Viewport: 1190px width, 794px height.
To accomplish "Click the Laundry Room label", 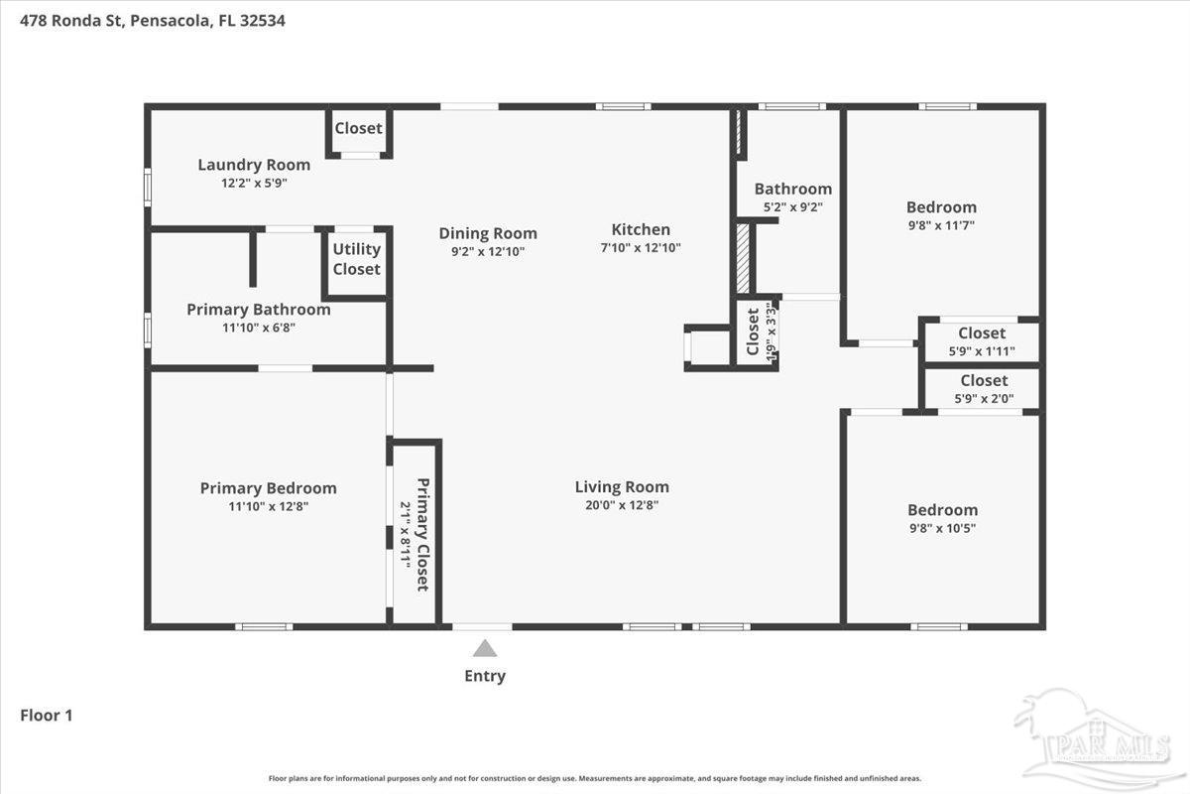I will (254, 165).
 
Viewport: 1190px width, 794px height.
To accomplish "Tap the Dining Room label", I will (488, 233).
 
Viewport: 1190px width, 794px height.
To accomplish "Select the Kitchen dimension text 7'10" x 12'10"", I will (641, 248).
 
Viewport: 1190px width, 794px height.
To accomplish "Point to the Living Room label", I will (622, 486).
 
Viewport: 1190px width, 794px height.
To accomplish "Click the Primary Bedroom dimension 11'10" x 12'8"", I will (268, 506).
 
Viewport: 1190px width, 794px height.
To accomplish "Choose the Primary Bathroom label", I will (258, 309).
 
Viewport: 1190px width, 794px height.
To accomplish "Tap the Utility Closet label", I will (356, 259).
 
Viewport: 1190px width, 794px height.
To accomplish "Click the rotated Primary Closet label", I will (422, 534).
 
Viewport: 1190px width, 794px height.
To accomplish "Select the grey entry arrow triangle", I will (484, 648).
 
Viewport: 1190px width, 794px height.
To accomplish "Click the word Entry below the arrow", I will (485, 676).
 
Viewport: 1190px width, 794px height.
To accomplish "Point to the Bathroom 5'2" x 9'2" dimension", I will (792, 207).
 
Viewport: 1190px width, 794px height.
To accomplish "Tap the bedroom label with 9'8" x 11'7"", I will (941, 206).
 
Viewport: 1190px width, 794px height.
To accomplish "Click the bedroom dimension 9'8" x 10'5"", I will (942, 528).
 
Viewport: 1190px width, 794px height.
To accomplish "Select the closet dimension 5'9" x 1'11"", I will (982, 350).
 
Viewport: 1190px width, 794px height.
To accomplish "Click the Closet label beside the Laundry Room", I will (358, 128).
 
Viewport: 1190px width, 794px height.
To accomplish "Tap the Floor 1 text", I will (47, 714).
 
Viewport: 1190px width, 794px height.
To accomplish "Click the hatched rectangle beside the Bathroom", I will (743, 258).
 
